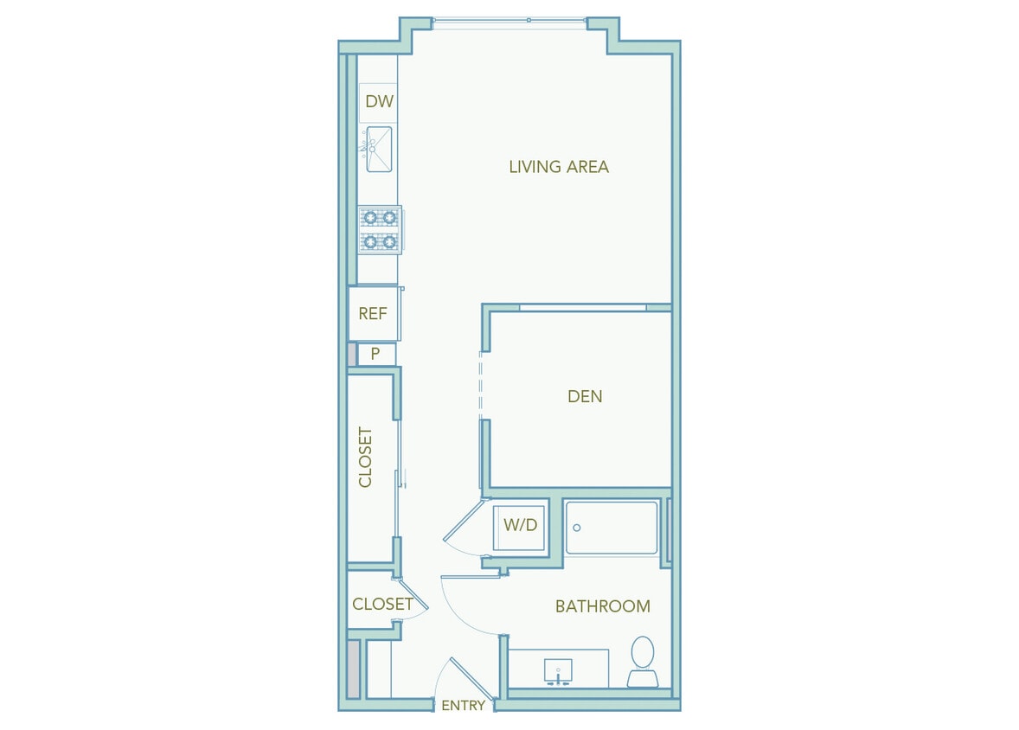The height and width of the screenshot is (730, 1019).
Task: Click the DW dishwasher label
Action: [379, 101]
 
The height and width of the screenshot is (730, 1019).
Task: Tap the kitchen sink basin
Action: [378, 149]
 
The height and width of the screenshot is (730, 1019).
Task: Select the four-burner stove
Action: [379, 229]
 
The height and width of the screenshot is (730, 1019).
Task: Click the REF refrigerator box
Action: [373, 313]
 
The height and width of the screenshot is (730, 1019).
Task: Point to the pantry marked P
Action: [375, 353]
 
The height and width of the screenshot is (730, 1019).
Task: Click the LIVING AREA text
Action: [559, 166]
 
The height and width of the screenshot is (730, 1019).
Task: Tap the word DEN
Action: [585, 396]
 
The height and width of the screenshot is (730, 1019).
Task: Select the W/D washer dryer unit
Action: [520, 526]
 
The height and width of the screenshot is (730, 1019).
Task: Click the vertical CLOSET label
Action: [365, 457]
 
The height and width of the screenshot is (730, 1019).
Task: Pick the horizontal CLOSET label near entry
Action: [381, 604]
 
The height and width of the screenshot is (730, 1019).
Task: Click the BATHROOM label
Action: [602, 606]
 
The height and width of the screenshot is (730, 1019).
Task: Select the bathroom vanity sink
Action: [559, 671]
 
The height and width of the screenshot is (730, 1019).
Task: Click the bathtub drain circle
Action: [577, 528]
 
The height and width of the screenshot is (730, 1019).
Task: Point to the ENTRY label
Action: [463, 706]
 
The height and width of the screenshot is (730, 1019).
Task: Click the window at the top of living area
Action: [510, 21]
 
